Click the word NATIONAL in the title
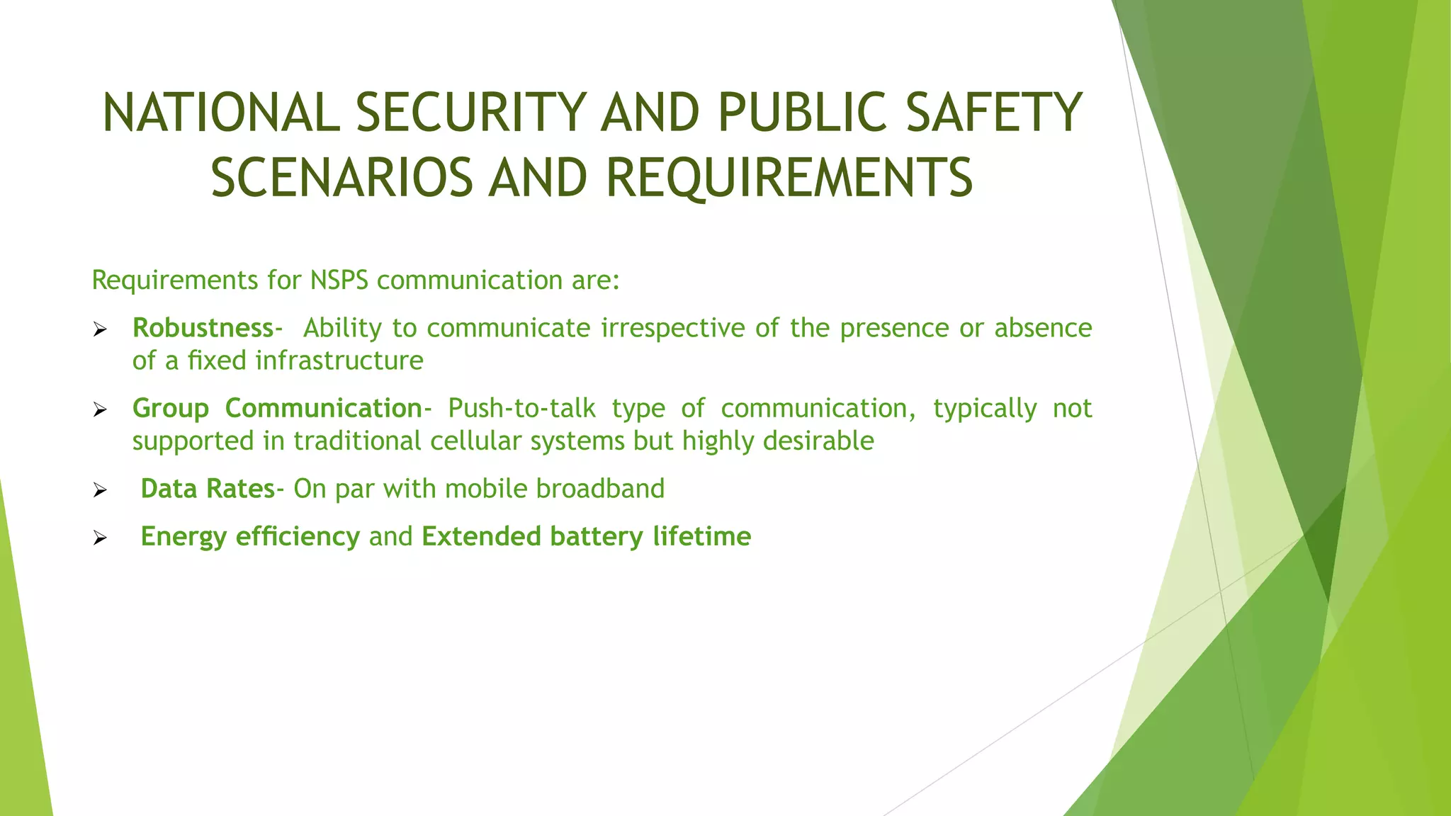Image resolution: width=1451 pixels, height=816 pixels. [220, 113]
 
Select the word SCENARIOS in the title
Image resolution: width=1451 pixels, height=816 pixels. [341, 178]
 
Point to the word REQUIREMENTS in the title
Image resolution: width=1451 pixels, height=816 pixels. [789, 178]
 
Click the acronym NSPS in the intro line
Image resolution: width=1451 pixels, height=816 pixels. [339, 280]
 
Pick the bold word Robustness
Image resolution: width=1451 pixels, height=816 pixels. [203, 328]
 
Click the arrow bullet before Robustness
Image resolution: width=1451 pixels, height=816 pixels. [100, 329]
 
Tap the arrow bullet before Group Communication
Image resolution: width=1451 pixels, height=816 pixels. [100, 409]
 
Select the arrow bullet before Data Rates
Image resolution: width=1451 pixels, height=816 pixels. [100, 490]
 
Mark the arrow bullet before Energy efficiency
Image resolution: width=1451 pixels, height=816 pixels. [100, 538]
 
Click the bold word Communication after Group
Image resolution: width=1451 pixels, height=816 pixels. [323, 409]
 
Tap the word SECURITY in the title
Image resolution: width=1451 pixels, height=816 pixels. [470, 113]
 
